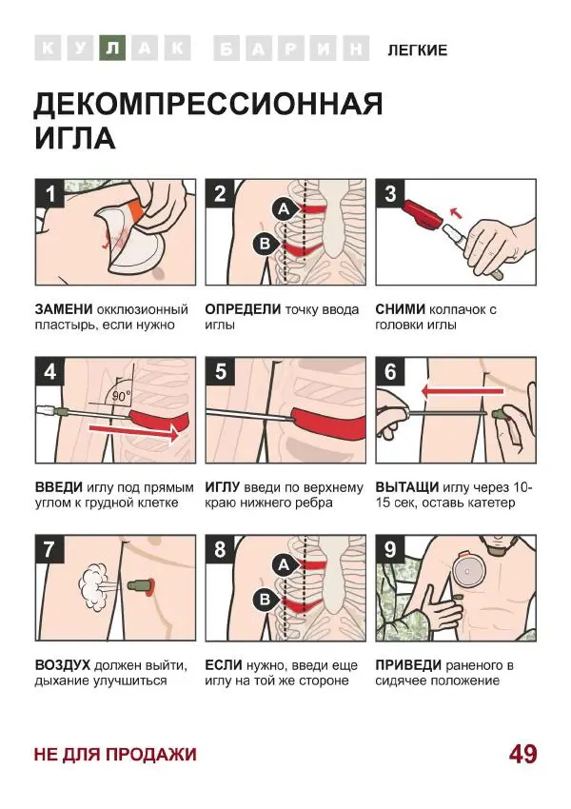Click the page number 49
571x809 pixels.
[x=522, y=754]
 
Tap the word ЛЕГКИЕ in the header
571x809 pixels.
[x=417, y=49]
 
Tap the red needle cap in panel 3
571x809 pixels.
[x=419, y=215]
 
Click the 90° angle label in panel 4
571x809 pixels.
[x=121, y=394]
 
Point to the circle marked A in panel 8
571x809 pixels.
[x=283, y=565]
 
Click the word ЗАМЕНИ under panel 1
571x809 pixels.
[x=63, y=309]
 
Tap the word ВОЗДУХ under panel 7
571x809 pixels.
[x=63, y=665]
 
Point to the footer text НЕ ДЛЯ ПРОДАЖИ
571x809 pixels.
[x=115, y=754]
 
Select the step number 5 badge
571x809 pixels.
[x=221, y=372]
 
